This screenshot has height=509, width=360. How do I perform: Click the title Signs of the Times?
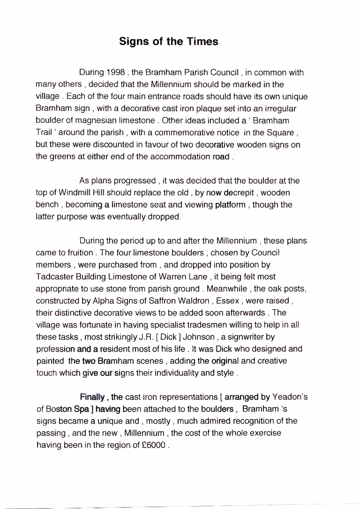169,41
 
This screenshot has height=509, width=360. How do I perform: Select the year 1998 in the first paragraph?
116,73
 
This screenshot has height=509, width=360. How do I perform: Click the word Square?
281,133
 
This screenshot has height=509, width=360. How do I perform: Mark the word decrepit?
240,193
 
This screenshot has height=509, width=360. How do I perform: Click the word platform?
230,205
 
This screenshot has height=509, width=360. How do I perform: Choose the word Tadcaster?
55,277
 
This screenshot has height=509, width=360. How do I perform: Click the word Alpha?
120,301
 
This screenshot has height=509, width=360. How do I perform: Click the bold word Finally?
93,397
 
